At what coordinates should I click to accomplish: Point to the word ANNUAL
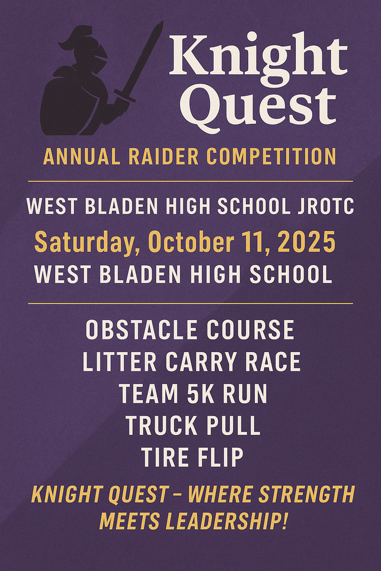[x=81, y=157]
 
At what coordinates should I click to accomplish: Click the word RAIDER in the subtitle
[x=163, y=157]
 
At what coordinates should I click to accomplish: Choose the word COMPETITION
[x=271, y=157]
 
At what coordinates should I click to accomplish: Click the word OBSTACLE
[x=141, y=330]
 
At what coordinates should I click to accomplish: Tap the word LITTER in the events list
[x=119, y=362]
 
